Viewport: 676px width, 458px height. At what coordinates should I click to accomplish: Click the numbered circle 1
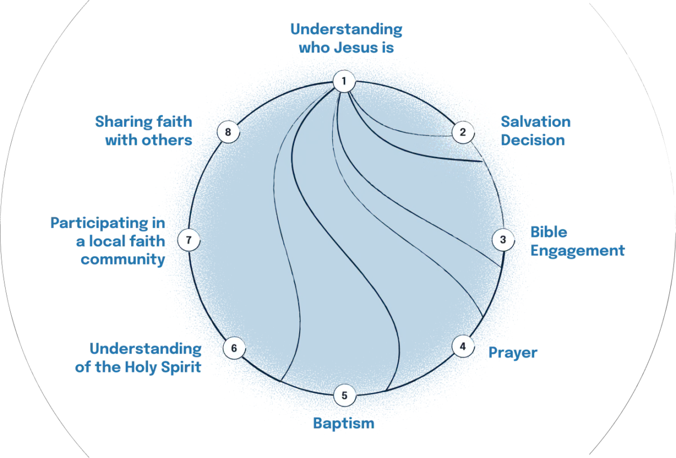[344, 81]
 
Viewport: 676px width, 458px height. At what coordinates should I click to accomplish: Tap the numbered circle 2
[462, 133]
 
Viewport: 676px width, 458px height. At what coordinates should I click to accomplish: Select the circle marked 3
[503, 240]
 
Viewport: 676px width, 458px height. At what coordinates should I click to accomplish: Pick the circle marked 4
[462, 346]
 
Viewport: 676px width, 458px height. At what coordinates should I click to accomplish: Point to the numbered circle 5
[344, 395]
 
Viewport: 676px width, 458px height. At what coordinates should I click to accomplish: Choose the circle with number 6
[234, 347]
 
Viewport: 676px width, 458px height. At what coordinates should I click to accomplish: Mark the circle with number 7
[189, 240]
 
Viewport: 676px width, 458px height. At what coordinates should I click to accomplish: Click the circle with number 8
[228, 133]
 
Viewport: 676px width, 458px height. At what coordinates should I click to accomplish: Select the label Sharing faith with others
[144, 130]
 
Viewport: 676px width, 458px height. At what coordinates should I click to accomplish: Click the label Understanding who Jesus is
[346, 38]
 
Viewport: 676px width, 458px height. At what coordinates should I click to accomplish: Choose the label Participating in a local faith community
[107, 241]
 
